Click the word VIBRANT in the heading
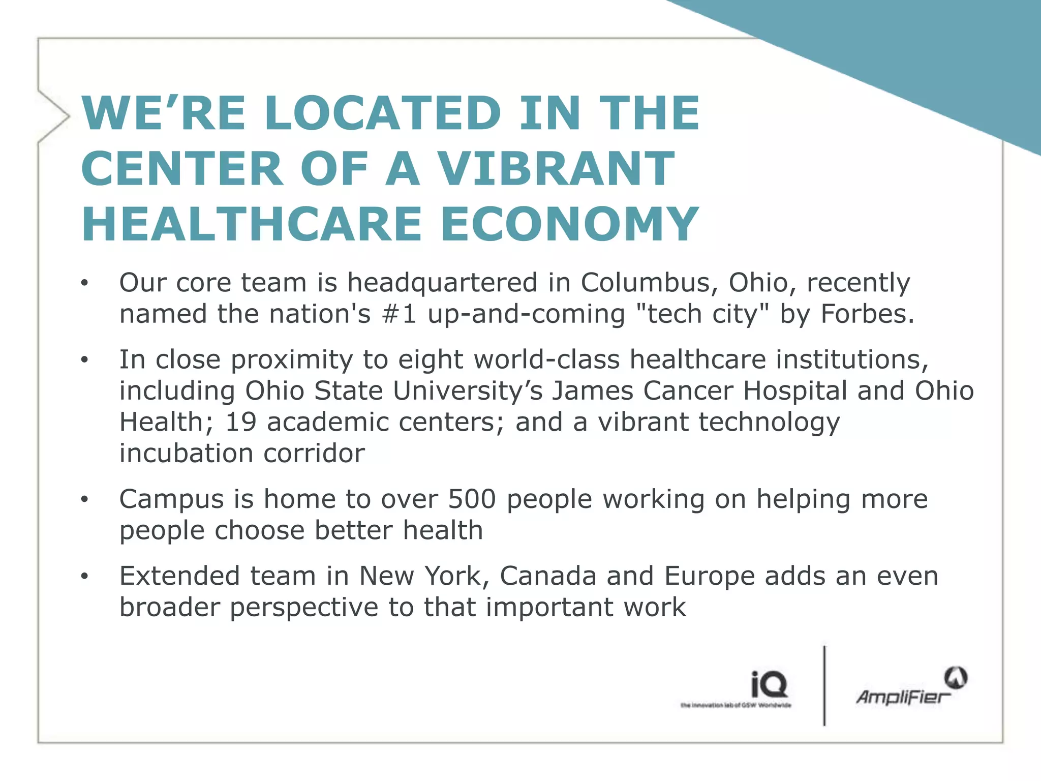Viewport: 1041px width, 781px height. tap(556, 168)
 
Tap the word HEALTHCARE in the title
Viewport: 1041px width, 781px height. tap(252, 224)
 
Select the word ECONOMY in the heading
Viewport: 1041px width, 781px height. tap(570, 224)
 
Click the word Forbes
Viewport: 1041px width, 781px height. tap(867, 314)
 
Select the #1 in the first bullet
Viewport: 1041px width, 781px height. tap(399, 314)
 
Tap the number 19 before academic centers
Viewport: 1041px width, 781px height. tap(240, 422)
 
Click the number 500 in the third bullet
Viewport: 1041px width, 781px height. tap(471, 499)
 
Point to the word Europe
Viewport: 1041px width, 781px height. tap(710, 576)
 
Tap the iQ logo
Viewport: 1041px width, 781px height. tap(769, 684)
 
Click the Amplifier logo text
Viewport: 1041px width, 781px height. tap(903, 697)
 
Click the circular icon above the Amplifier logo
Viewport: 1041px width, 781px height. tap(956, 677)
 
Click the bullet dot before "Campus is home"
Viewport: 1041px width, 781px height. tap(84, 500)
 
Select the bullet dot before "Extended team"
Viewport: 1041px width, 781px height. tap(84, 577)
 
